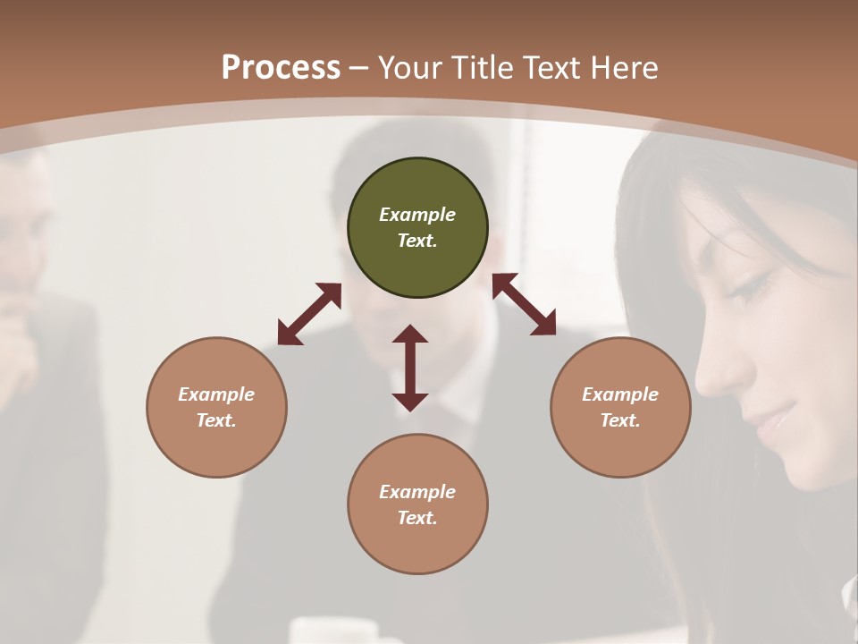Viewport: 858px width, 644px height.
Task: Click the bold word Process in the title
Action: [281, 68]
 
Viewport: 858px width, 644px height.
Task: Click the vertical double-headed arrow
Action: [410, 368]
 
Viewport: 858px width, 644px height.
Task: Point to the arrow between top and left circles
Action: [309, 314]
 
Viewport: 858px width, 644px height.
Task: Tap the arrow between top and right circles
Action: [525, 304]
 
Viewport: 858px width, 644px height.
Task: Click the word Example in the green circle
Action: [417, 215]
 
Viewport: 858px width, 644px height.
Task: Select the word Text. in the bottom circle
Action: [417, 518]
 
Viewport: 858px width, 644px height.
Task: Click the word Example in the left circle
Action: [216, 394]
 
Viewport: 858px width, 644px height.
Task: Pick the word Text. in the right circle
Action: [620, 420]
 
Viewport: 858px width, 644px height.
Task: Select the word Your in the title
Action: [411, 68]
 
